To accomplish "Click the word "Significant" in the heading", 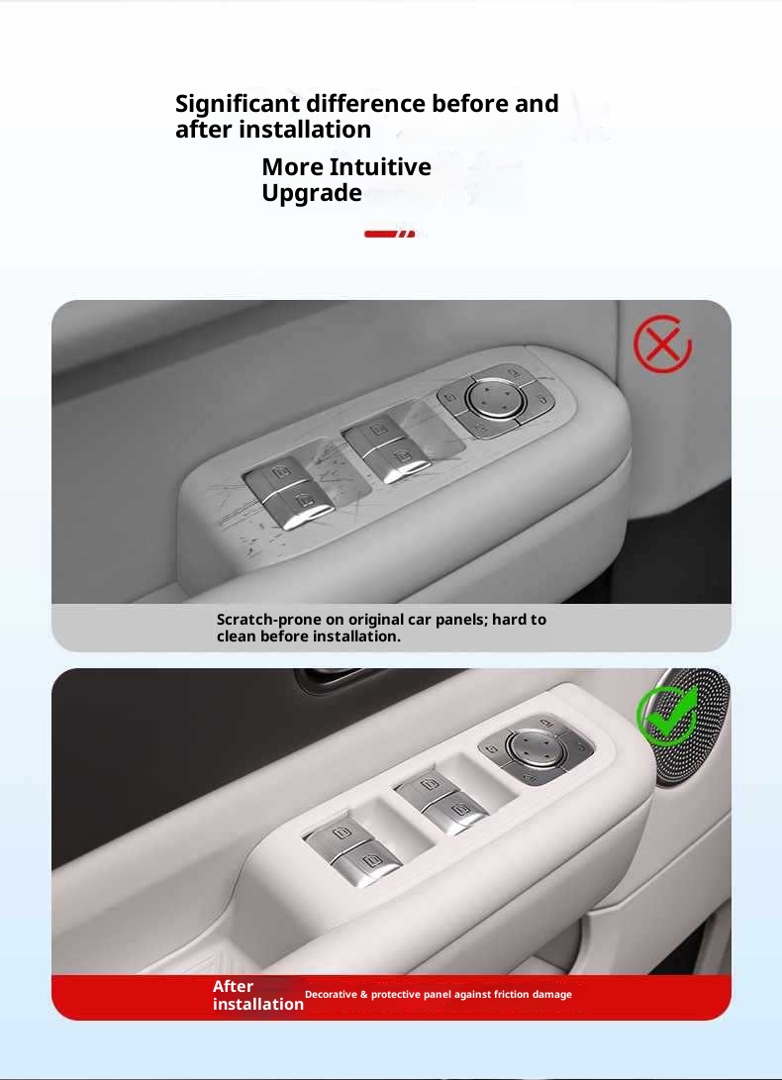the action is click(238, 104).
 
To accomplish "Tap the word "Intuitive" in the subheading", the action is click(380, 166).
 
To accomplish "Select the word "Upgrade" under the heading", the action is click(312, 194).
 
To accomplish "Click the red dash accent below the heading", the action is click(390, 235).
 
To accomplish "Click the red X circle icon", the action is click(662, 344).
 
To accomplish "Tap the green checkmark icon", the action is click(666, 716).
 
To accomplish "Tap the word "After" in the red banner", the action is click(233, 986).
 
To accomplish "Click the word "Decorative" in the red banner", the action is click(332, 995).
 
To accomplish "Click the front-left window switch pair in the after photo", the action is click(353, 847).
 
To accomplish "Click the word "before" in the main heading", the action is click(470, 103).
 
